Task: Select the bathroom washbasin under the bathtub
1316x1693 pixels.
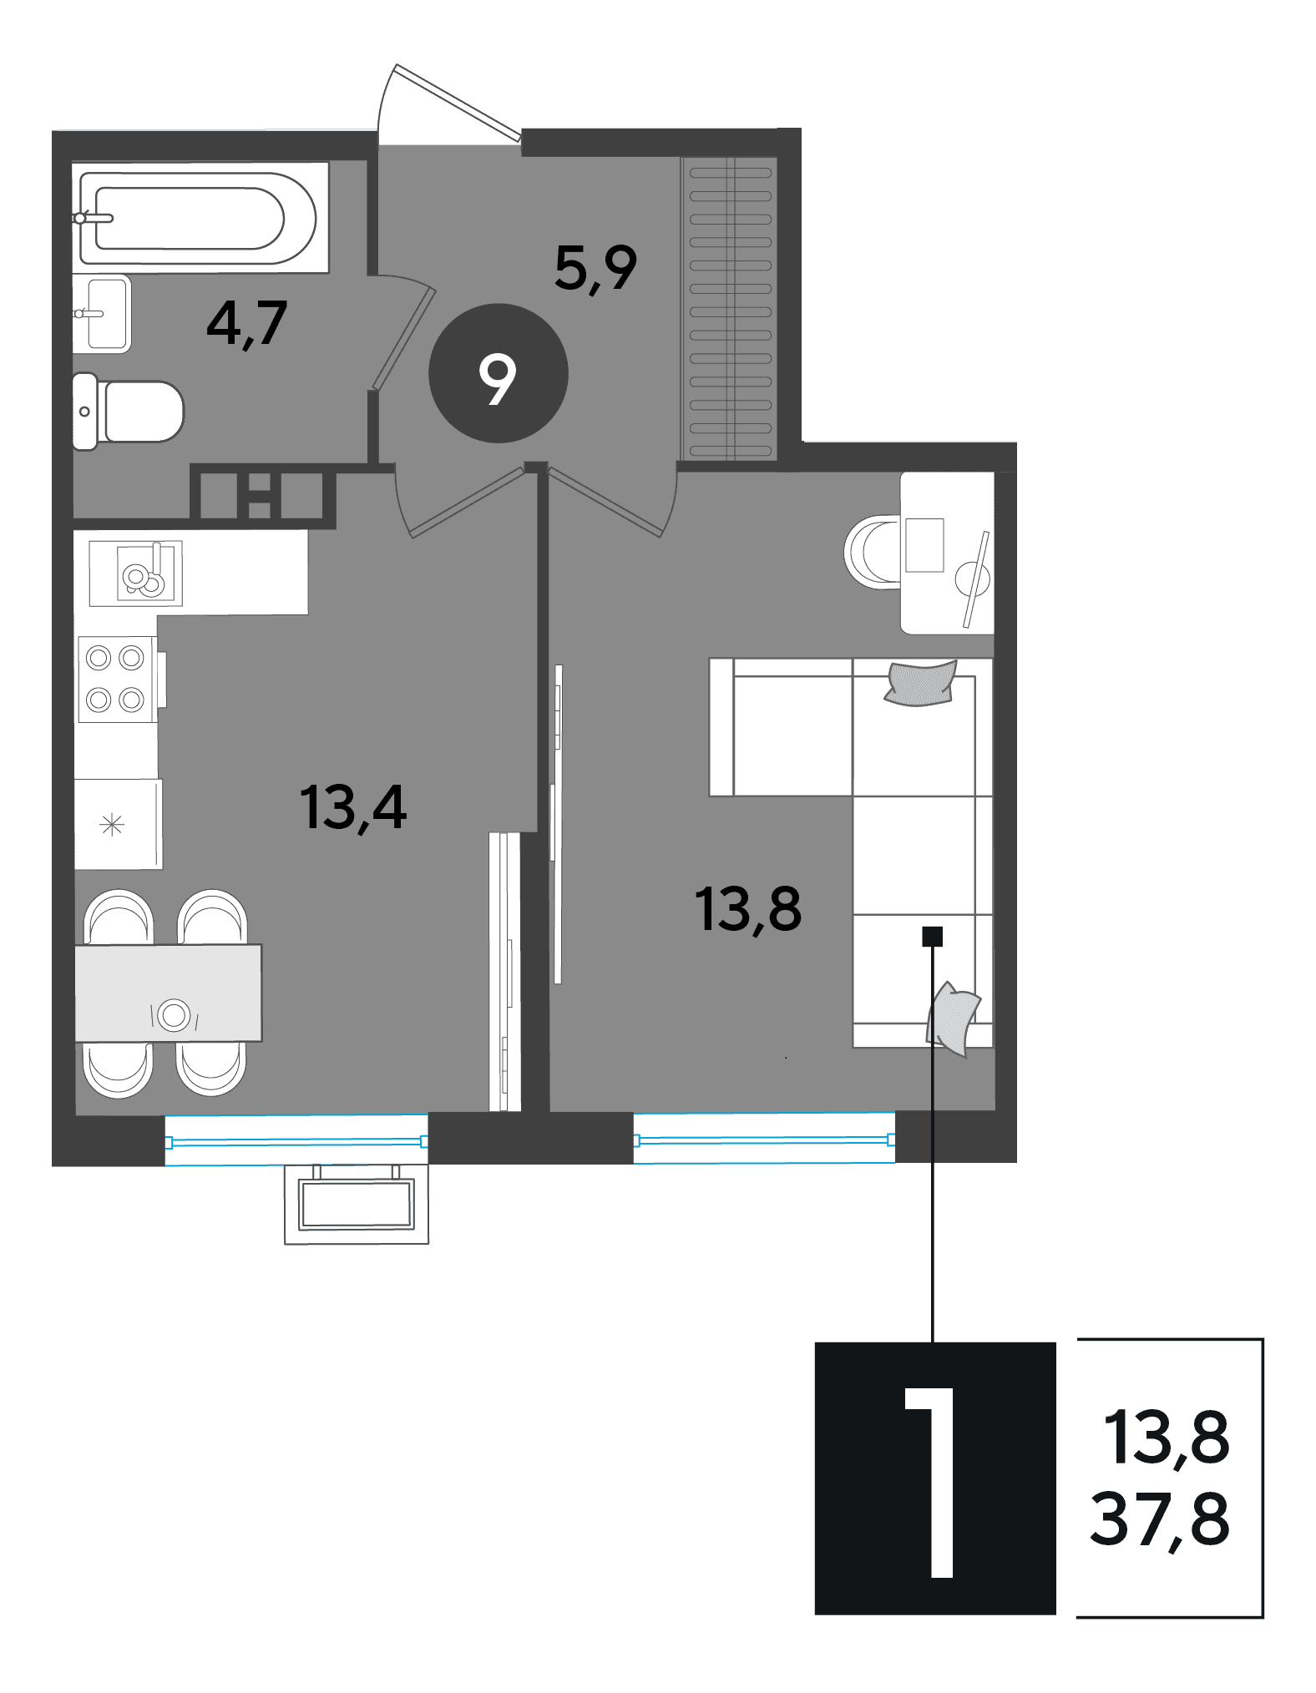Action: pyautogui.click(x=102, y=313)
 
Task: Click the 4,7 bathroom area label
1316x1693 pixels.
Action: pyautogui.click(x=246, y=323)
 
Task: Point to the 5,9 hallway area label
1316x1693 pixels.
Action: pyautogui.click(x=595, y=269)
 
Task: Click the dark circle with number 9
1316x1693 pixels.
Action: pyautogui.click(x=499, y=373)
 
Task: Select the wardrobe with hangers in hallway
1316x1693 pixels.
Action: pyautogui.click(x=730, y=308)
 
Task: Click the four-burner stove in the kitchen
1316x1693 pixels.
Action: pyautogui.click(x=117, y=679)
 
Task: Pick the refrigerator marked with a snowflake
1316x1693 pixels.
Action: pyautogui.click(x=118, y=825)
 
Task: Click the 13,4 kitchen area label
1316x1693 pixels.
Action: pyautogui.click(x=353, y=807)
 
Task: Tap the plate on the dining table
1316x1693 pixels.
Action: pyautogui.click(x=174, y=1014)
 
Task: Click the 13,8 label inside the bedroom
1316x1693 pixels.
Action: pyautogui.click(x=748, y=909)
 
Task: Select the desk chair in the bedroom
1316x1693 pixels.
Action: pyautogui.click(x=873, y=552)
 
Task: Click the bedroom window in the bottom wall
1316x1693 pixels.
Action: pyautogui.click(x=764, y=1138)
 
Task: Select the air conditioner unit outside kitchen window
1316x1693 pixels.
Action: pyautogui.click(x=357, y=1205)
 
